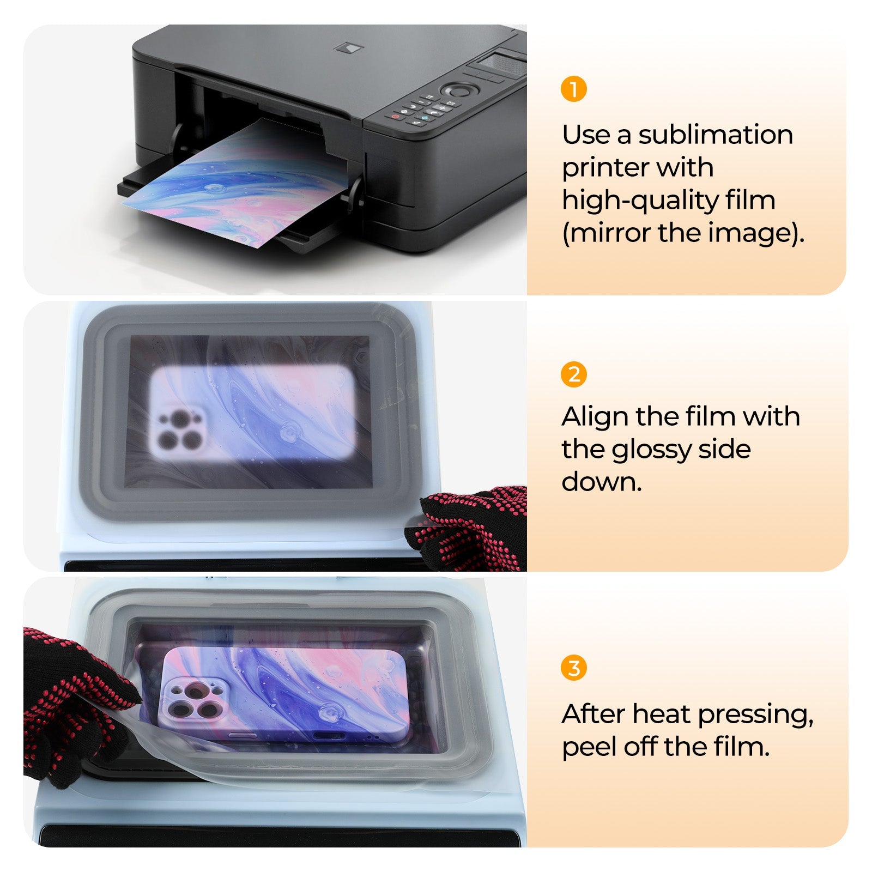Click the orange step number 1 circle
pos(573,89)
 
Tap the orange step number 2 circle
pos(573,375)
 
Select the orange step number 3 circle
pos(573,668)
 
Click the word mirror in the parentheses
pos(609,233)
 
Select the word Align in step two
pos(595,417)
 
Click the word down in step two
pos(601,482)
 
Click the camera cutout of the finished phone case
pos(195,700)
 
